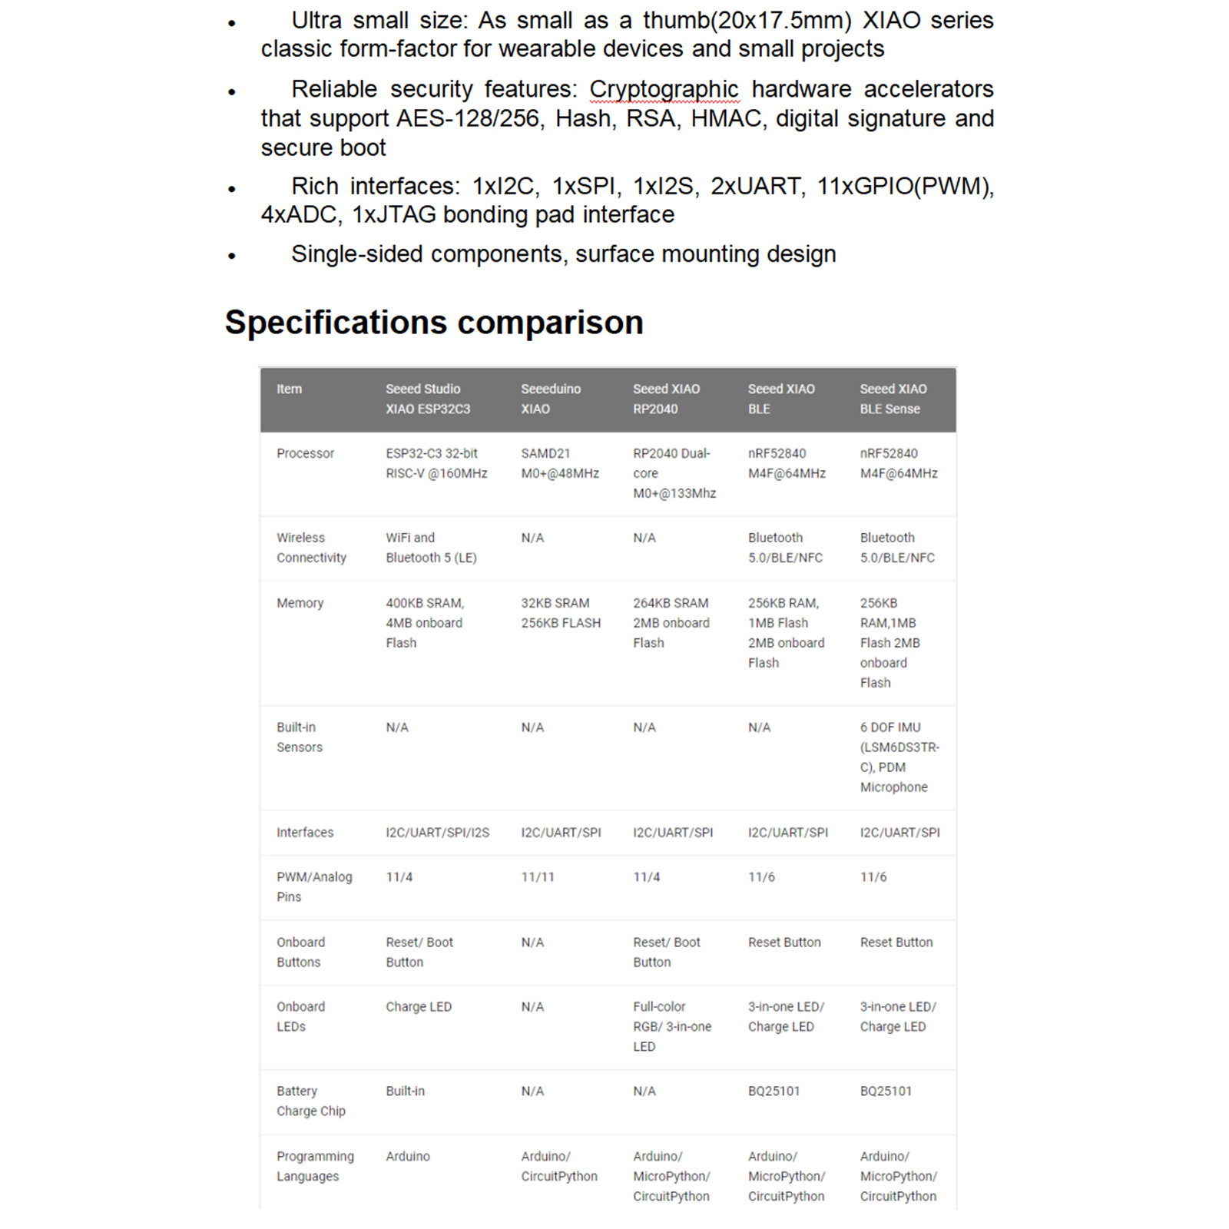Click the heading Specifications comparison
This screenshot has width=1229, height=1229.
[x=434, y=323]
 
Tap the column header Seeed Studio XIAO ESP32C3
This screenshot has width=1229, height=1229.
[x=428, y=399]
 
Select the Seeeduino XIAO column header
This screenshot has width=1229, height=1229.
[x=551, y=399]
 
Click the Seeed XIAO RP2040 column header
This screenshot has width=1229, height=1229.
[x=666, y=399]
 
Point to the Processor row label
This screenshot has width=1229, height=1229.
[x=305, y=453]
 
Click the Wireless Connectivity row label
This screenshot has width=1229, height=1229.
[x=311, y=548]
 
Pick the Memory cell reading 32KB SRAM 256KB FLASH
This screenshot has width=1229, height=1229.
[x=561, y=613]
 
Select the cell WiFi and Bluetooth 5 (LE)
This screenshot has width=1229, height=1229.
[x=431, y=548]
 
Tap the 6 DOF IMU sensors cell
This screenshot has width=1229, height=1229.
[x=899, y=757]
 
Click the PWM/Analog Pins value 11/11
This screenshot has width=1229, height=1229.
[x=538, y=876]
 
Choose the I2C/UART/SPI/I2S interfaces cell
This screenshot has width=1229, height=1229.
[x=437, y=832]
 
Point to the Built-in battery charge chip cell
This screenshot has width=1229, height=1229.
[x=405, y=1091]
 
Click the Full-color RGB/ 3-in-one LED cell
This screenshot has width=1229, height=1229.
[x=671, y=1026]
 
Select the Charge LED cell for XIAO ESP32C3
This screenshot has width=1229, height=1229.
[x=419, y=1006]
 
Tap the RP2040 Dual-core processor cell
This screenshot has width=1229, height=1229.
[x=674, y=473]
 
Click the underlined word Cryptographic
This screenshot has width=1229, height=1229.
[x=664, y=89]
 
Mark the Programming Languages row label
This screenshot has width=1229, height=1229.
[x=315, y=1166]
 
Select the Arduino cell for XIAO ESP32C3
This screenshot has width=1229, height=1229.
[x=408, y=1156]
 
